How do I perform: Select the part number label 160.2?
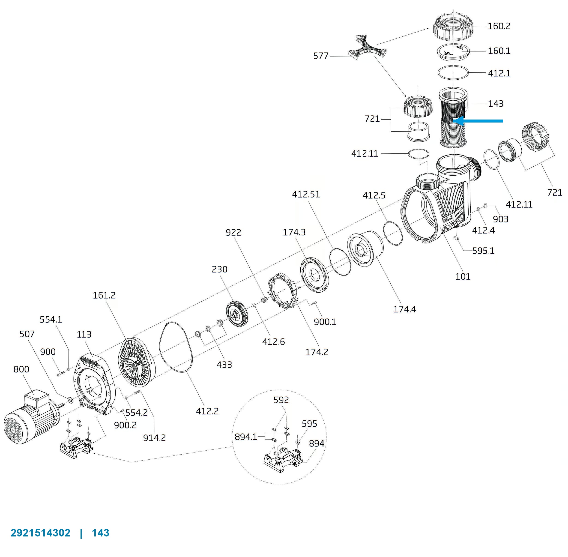[x=499, y=26]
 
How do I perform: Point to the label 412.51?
[x=306, y=194]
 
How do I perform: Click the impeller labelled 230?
[x=237, y=314]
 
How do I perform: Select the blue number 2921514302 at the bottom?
[x=40, y=533]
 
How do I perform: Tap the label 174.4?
[x=404, y=309]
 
